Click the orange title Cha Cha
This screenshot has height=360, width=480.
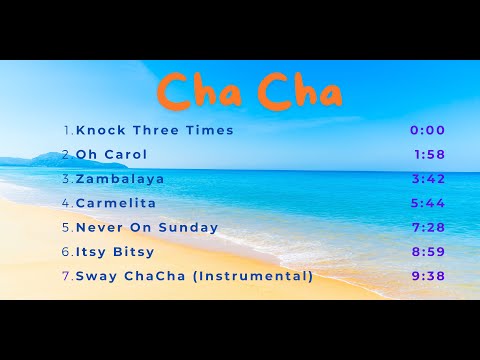(250, 92)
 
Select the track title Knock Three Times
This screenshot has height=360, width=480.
(154, 130)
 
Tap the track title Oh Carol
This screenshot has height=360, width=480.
(111, 155)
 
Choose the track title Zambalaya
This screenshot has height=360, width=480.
(120, 179)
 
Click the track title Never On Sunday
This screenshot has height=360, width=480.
(147, 227)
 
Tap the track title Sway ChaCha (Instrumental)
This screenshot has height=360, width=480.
(194, 276)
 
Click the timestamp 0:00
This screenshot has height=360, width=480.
(427, 130)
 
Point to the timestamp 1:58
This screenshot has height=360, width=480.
(429, 155)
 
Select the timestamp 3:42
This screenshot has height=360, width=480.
(427, 179)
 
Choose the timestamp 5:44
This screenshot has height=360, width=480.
(427, 203)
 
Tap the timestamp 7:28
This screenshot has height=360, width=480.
(427, 227)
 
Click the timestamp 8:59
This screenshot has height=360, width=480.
(427, 252)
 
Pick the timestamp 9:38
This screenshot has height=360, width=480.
(427, 276)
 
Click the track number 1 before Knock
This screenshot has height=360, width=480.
(66, 130)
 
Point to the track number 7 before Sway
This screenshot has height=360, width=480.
(66, 276)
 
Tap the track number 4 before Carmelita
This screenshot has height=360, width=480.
(66, 203)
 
